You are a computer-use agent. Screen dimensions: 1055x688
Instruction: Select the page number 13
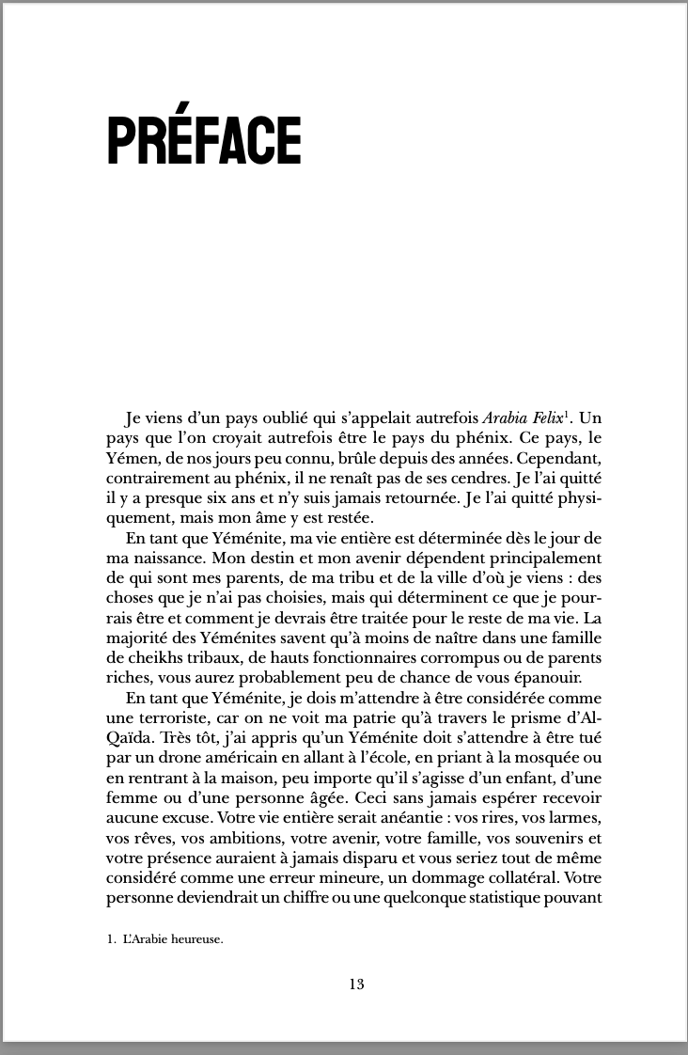coord(355,984)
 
